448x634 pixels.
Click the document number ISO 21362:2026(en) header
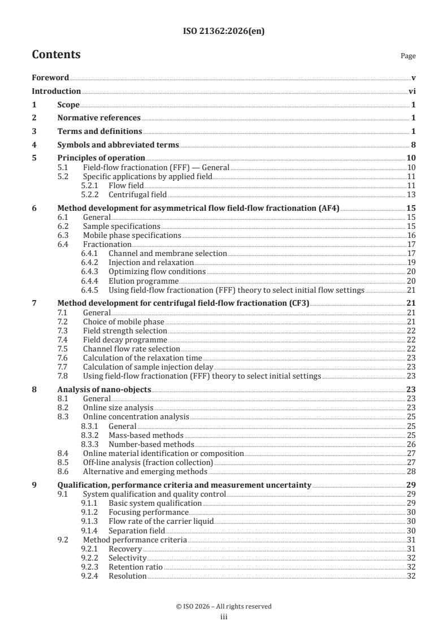coord(224,32)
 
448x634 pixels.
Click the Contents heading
coord(56,55)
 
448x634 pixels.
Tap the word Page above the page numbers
coord(408,56)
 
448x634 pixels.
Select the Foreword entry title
coord(50,77)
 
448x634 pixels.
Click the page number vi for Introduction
coord(412,91)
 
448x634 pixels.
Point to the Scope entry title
coord(68,105)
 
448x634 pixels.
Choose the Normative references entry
coord(99,118)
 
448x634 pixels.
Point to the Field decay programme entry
coord(125,340)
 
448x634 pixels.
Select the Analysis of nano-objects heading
coord(105,390)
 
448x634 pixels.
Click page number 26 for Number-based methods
coord(411,444)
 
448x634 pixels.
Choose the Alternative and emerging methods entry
coord(145,471)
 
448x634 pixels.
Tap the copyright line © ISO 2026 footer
coord(224,606)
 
